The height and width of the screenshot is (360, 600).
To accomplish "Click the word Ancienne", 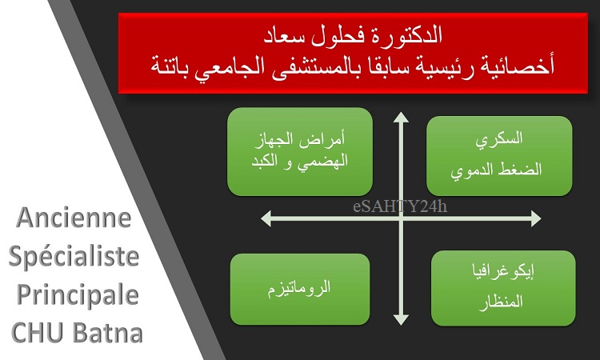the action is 74,218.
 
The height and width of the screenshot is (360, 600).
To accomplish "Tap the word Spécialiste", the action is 74,257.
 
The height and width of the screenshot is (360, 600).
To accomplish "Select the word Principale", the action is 78,296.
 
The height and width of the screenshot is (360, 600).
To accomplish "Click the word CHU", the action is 37,333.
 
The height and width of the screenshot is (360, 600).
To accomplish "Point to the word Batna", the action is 107,333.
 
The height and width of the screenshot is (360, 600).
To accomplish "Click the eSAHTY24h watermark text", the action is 400,206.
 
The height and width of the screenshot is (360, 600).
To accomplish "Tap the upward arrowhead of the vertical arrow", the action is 401,117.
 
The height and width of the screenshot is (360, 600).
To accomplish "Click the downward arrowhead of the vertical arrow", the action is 401,320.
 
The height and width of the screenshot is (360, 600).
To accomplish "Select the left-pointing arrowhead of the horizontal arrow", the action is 266,218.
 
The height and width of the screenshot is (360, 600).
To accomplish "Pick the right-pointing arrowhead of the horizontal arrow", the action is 536,218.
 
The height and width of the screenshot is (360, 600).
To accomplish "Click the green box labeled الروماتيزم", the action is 300,290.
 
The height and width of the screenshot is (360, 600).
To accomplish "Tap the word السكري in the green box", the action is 499,139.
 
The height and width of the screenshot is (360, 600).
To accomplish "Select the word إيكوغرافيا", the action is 503,271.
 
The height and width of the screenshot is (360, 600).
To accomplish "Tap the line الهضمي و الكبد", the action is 300,161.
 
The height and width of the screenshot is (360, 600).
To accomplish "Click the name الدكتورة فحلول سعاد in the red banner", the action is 353,35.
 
